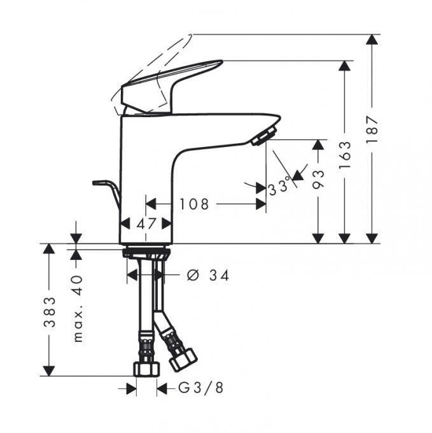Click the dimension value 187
372,129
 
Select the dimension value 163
345,155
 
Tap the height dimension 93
318,179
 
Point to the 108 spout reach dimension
194,204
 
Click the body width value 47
146,224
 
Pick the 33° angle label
279,187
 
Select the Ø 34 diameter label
208,275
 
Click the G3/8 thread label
200,388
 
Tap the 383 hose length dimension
50,312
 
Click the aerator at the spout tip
264,136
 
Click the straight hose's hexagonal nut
146,369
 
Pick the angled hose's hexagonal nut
183,359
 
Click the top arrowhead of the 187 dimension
372,39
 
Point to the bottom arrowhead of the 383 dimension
49,371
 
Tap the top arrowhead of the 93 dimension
318,145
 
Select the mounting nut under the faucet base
146,252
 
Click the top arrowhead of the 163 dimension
345,66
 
